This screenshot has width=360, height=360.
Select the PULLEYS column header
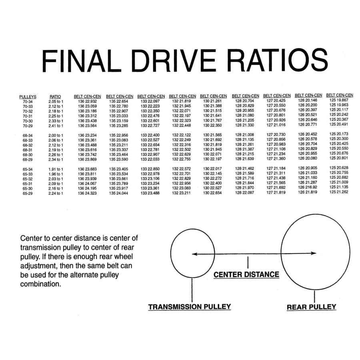coord(28,97)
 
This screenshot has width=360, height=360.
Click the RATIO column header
coord(55,97)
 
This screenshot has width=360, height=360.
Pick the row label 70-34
coord(28,102)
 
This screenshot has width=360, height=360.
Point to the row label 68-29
coord(28,160)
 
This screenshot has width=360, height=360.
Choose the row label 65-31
coord(28,184)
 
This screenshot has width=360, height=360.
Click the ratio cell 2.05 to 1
coord(56,102)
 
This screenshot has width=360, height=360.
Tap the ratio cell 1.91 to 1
coord(56,169)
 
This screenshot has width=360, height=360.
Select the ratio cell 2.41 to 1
coord(56,126)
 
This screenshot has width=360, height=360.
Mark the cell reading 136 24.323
coord(87,193)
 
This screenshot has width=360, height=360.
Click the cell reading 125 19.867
coord(339,100)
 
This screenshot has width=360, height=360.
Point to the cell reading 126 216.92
coord(308,187)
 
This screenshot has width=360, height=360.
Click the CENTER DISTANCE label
coord(246,274)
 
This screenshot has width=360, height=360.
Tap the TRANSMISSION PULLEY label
coord(190,307)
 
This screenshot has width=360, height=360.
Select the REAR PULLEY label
coord(311,307)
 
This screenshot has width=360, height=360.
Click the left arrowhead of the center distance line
coord(194,254)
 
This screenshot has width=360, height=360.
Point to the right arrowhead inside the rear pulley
coord(314,253)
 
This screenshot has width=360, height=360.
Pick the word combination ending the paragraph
coord(41,284)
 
